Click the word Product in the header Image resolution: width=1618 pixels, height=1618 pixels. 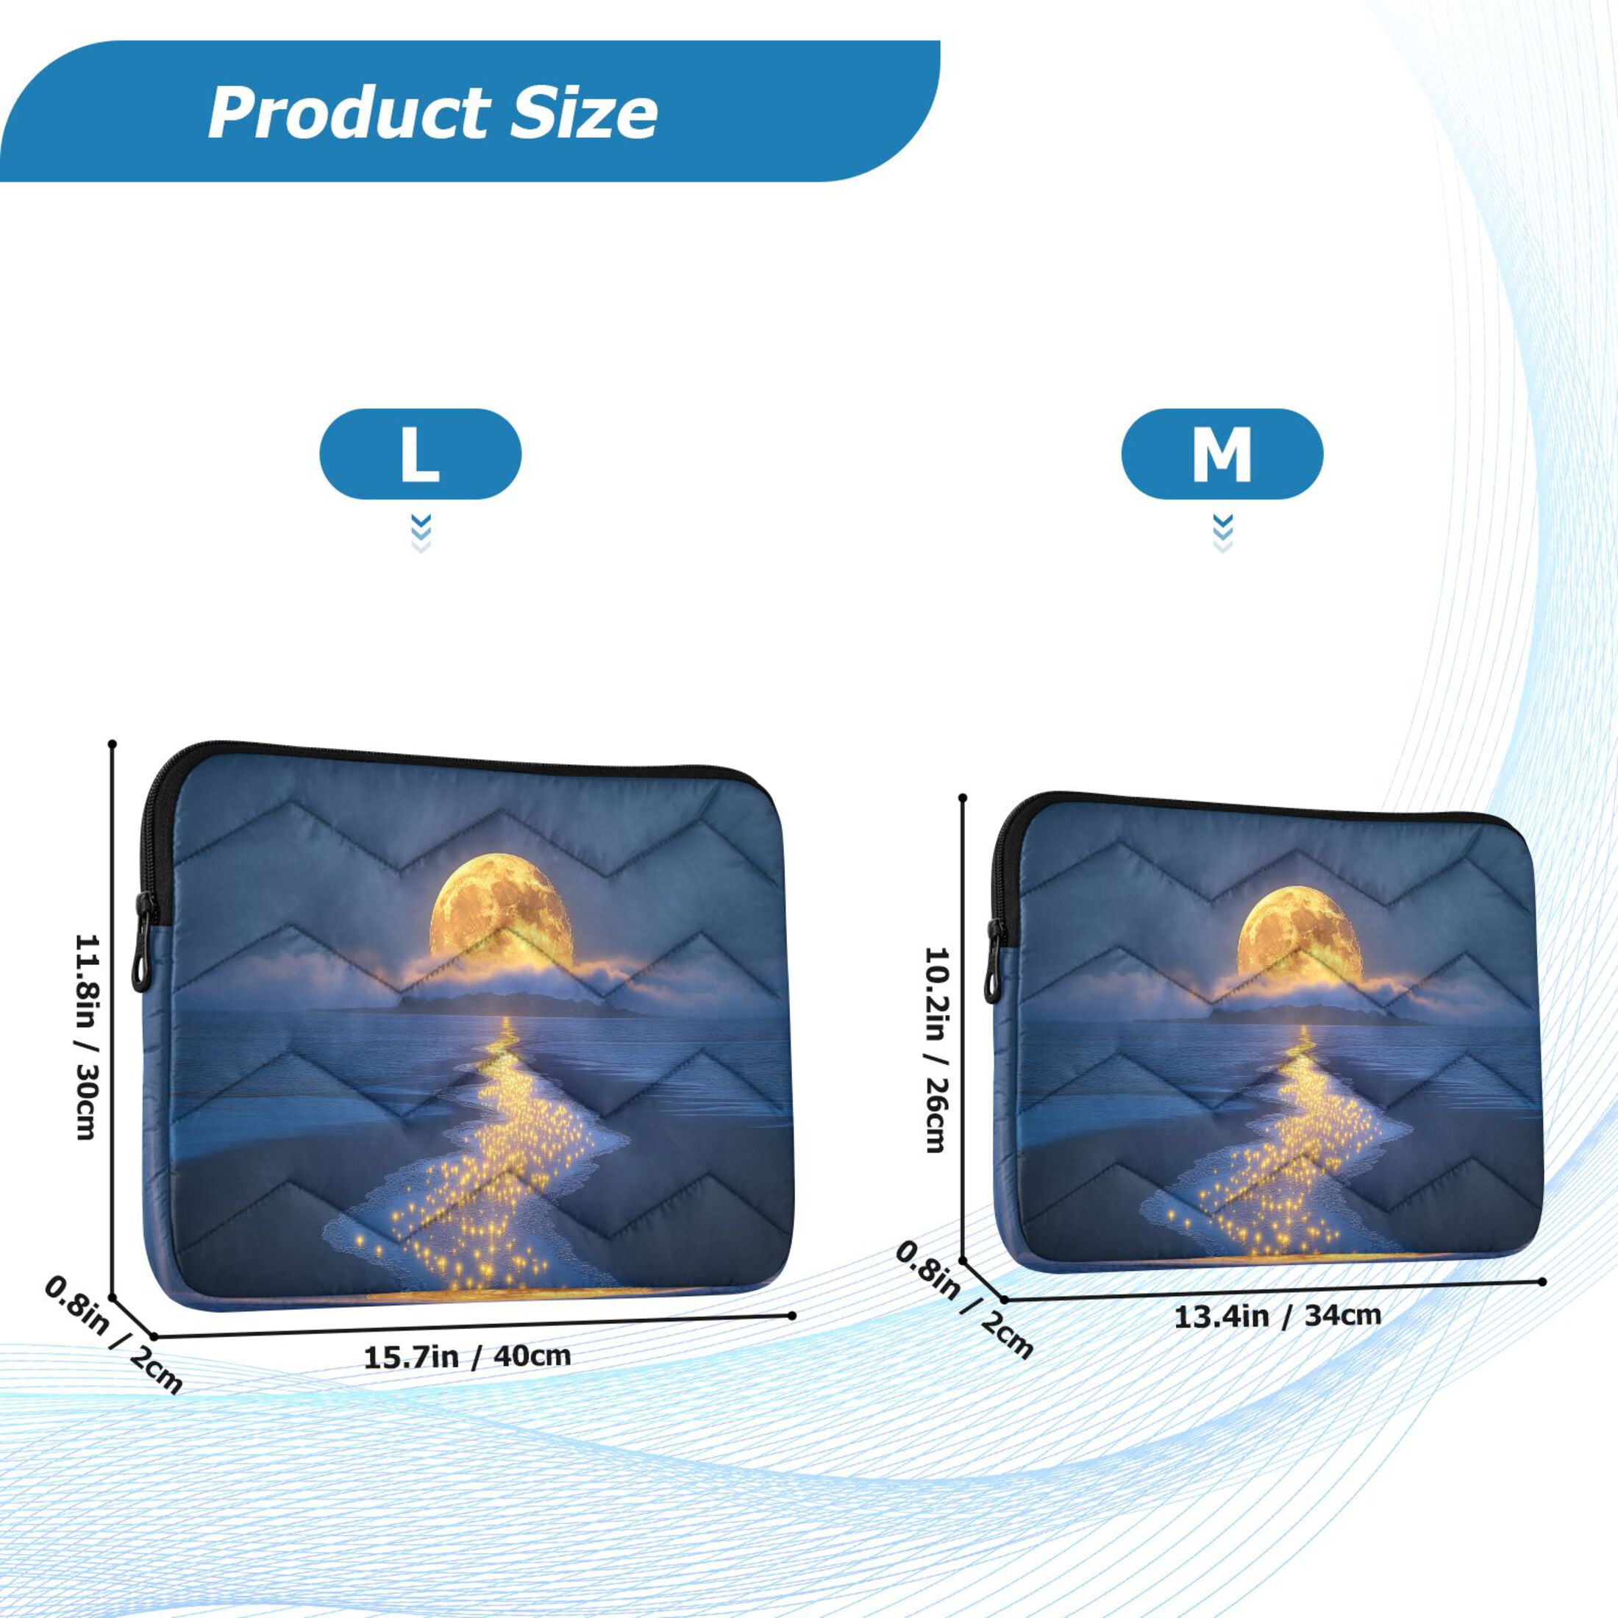(x=349, y=113)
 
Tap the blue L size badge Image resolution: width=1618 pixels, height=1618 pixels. (x=421, y=454)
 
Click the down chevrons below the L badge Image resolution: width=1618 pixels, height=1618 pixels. (x=421, y=533)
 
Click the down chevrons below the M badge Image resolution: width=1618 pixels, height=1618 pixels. (x=1223, y=533)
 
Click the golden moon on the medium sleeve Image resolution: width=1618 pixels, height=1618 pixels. (x=1299, y=931)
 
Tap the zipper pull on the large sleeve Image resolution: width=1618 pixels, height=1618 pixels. (x=144, y=942)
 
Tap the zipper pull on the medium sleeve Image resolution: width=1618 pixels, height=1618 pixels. (x=994, y=961)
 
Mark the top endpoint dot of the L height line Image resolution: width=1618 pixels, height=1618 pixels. (x=113, y=743)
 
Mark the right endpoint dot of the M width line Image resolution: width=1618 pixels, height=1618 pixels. (x=1543, y=1281)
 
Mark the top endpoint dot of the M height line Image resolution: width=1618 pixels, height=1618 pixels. (x=963, y=797)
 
